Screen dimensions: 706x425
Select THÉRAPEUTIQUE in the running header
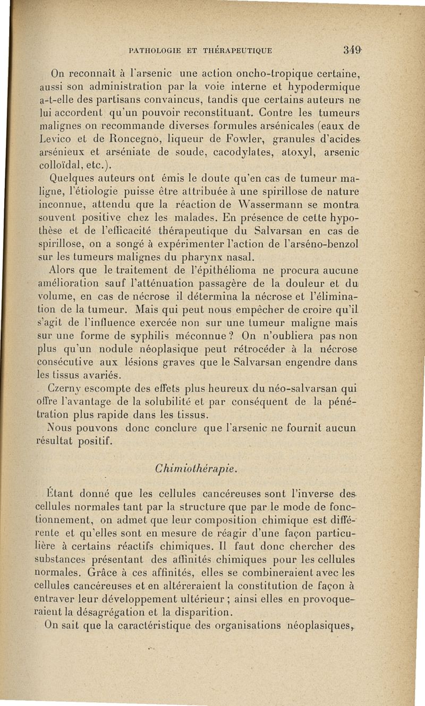click(237, 51)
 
